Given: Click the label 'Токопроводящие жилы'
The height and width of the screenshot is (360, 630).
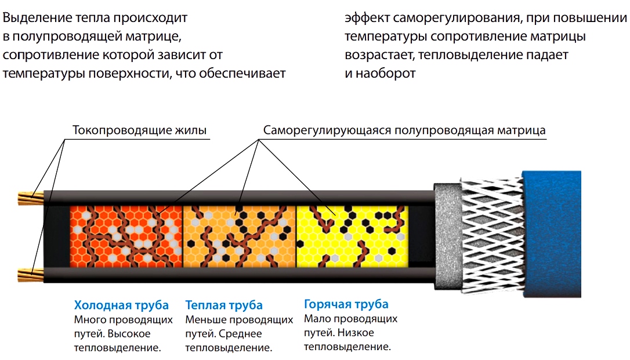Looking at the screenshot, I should (x=139, y=130).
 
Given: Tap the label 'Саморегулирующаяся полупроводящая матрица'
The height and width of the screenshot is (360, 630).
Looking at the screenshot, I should (x=404, y=130).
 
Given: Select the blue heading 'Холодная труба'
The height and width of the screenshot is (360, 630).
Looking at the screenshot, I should (x=121, y=305).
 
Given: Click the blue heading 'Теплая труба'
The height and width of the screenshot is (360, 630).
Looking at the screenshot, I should (x=224, y=305).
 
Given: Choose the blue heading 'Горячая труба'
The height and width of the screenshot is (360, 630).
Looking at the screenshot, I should (x=346, y=304).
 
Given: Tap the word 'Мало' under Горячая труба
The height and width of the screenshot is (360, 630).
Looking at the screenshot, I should (x=317, y=319).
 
